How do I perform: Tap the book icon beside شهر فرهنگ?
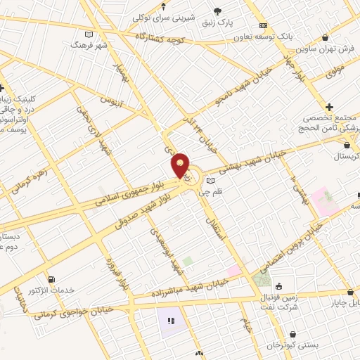click(x=88, y=34)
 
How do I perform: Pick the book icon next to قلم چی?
click(x=210, y=181)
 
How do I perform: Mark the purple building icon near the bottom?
click(x=169, y=322)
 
